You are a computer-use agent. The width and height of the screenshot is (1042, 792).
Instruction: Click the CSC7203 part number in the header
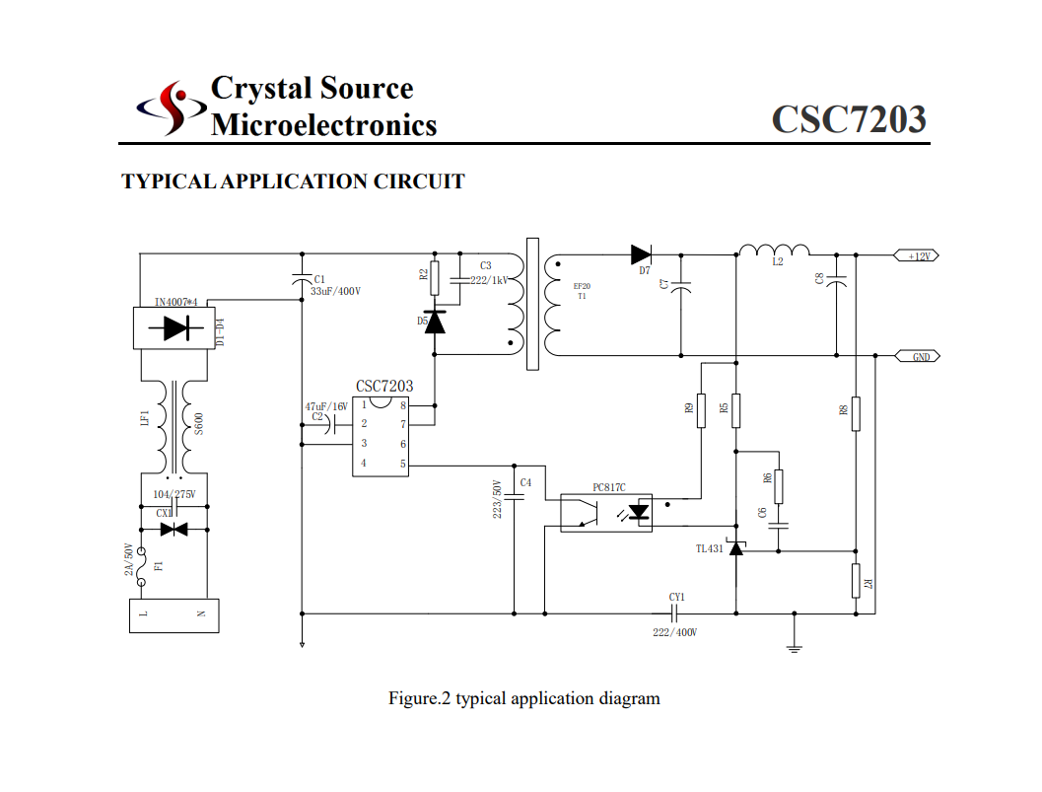pyautogui.click(x=848, y=118)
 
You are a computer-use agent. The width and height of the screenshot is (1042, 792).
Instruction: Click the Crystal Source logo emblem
pyautogui.click(x=172, y=108)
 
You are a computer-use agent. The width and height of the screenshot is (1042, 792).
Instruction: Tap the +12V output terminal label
pyautogui.click(x=917, y=255)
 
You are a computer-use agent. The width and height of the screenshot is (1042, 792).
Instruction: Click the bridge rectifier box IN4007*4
pyautogui.click(x=174, y=328)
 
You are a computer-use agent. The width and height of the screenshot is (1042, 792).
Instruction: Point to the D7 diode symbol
pyautogui.click(x=643, y=254)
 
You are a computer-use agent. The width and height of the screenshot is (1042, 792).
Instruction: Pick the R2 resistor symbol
pyautogui.click(x=435, y=279)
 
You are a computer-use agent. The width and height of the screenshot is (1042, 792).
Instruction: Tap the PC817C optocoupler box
pyautogui.click(x=606, y=512)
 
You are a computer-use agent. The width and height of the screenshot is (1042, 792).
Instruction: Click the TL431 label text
pyautogui.click(x=709, y=548)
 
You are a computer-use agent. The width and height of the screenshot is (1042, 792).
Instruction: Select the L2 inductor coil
pyautogui.click(x=775, y=250)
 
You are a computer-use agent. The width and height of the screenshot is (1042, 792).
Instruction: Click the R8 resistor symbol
pyautogui.click(x=856, y=413)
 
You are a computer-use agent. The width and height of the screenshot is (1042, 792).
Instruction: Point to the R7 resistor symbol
pyautogui.click(x=856, y=580)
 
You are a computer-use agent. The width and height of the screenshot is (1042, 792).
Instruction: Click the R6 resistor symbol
pyautogui.click(x=780, y=486)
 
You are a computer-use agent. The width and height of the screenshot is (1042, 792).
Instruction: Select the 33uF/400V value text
pyautogui.click(x=335, y=292)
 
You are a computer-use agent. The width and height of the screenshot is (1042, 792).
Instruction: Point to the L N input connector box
pyautogui.click(x=174, y=614)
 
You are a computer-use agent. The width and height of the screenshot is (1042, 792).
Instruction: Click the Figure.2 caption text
pyautogui.click(x=523, y=698)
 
